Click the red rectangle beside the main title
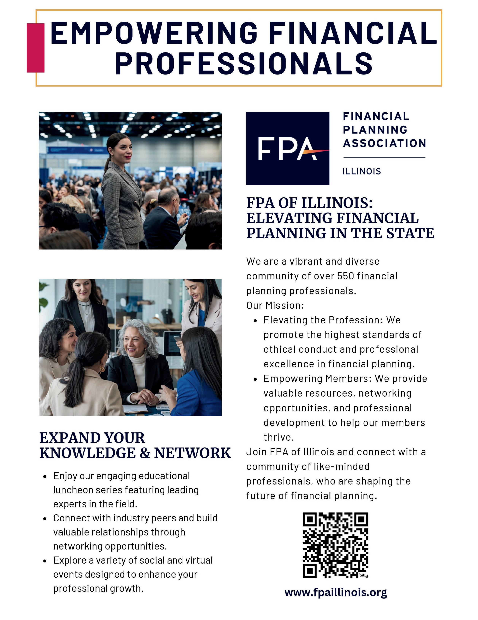(36, 48)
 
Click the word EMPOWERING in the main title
(154, 33)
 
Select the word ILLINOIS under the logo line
(361, 171)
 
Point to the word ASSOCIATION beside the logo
(384, 143)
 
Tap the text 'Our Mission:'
(275, 306)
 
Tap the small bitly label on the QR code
(363, 575)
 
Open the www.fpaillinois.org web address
(335, 592)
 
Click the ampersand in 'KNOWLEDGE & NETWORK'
(145, 453)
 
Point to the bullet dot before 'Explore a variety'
(45, 561)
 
